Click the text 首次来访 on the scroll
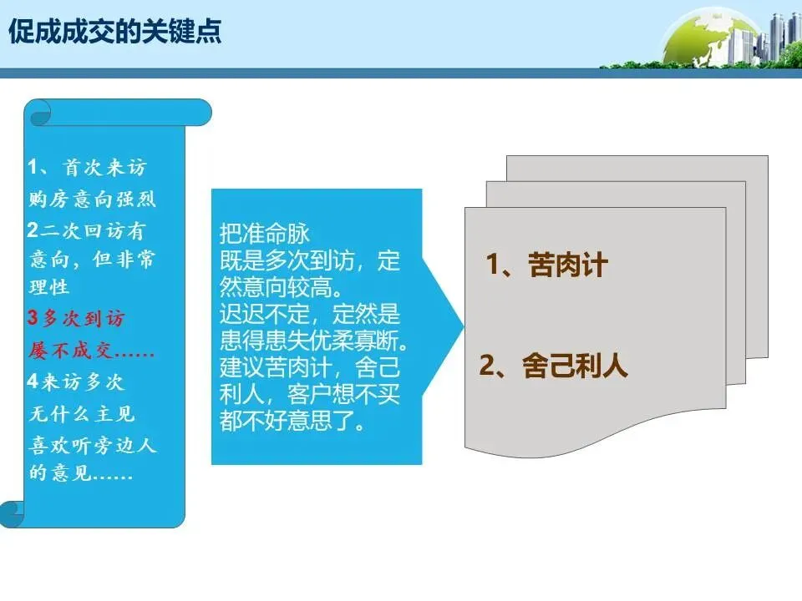click(x=104, y=168)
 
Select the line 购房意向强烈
click(x=92, y=199)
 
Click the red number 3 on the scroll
click(x=33, y=319)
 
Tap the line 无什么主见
click(x=82, y=414)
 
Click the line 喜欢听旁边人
click(x=92, y=445)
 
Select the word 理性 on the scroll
click(x=49, y=288)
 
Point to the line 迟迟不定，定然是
click(x=310, y=316)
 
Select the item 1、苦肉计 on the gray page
click(x=547, y=265)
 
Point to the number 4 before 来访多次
click(x=33, y=382)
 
